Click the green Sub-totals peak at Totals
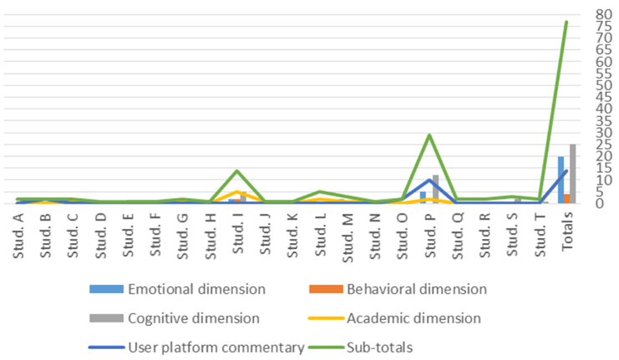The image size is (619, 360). click(566, 22)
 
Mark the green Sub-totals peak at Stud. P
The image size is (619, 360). click(429, 134)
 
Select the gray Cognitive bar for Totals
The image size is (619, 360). click(573, 174)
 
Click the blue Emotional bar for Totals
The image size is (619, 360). click(561, 180)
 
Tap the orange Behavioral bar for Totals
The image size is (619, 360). click(567, 198)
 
